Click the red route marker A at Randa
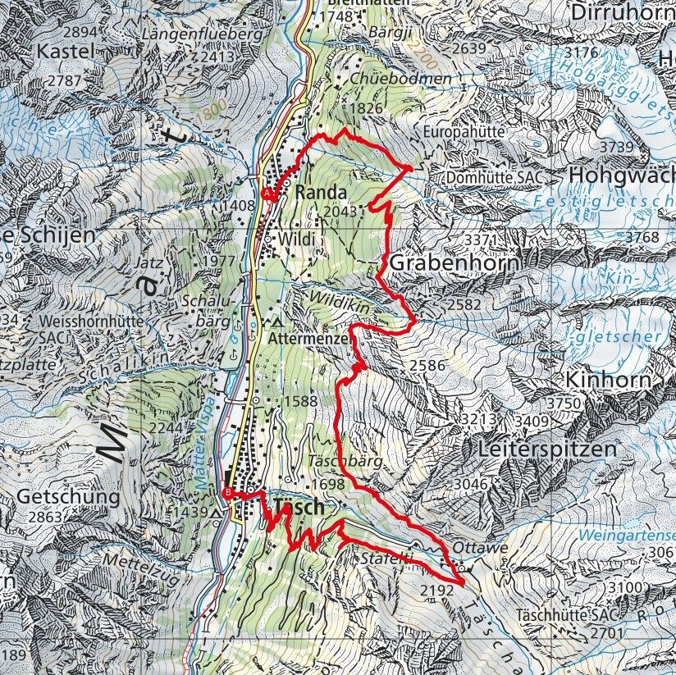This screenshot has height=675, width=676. pyautogui.click(x=267, y=193)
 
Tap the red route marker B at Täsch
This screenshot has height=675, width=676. pyautogui.click(x=226, y=492)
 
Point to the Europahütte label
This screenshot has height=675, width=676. pyautogui.click(x=464, y=132)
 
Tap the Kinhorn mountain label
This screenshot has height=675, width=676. pyautogui.click(x=608, y=380)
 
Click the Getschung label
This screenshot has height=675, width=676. pyautogui.click(x=57, y=497)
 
